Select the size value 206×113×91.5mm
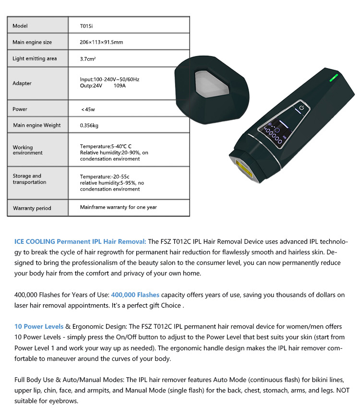(101, 42)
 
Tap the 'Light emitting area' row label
(35, 59)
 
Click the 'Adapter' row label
(22, 83)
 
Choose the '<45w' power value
(88, 109)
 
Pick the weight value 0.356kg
(89, 125)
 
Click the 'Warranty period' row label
(32, 208)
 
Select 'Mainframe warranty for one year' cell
(119, 207)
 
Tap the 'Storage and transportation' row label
(29, 179)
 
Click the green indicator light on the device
(334, 78)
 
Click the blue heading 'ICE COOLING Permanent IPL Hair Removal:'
(80, 241)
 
